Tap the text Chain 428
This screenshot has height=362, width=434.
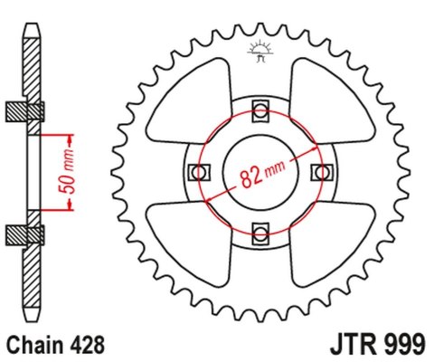pyautogui.click(x=55, y=344)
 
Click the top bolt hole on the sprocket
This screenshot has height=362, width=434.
pyautogui.click(x=260, y=110)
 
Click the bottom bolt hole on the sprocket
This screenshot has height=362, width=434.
pyautogui.click(x=260, y=234)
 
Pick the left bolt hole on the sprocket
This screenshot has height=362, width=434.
pyautogui.click(x=199, y=171)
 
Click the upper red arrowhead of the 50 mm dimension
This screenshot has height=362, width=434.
pyautogui.click(x=69, y=138)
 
